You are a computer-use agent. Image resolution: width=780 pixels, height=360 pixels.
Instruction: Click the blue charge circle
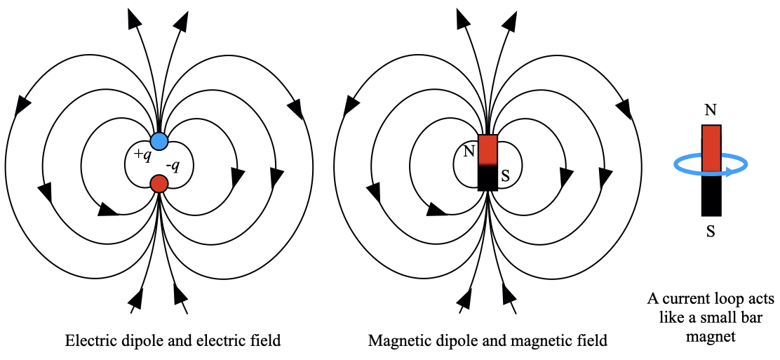[x=159, y=140]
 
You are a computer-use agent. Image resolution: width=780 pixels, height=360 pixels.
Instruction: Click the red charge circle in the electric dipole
[x=159, y=184]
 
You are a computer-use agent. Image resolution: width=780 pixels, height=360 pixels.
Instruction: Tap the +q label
[x=142, y=154]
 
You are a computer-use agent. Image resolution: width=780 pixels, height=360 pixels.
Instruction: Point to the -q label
[x=173, y=166]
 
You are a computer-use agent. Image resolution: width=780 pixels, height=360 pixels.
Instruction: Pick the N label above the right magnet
[x=711, y=111]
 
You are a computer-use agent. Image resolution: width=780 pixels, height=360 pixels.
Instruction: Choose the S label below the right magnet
[x=711, y=231]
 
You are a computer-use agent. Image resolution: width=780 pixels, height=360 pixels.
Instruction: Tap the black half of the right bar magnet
[x=711, y=196]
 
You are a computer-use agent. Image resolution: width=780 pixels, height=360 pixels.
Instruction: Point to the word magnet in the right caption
[x=711, y=336]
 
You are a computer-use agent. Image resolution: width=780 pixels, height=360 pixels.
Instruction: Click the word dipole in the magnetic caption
[x=450, y=342]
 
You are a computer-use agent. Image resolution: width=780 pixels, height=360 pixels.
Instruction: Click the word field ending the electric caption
[x=267, y=342]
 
